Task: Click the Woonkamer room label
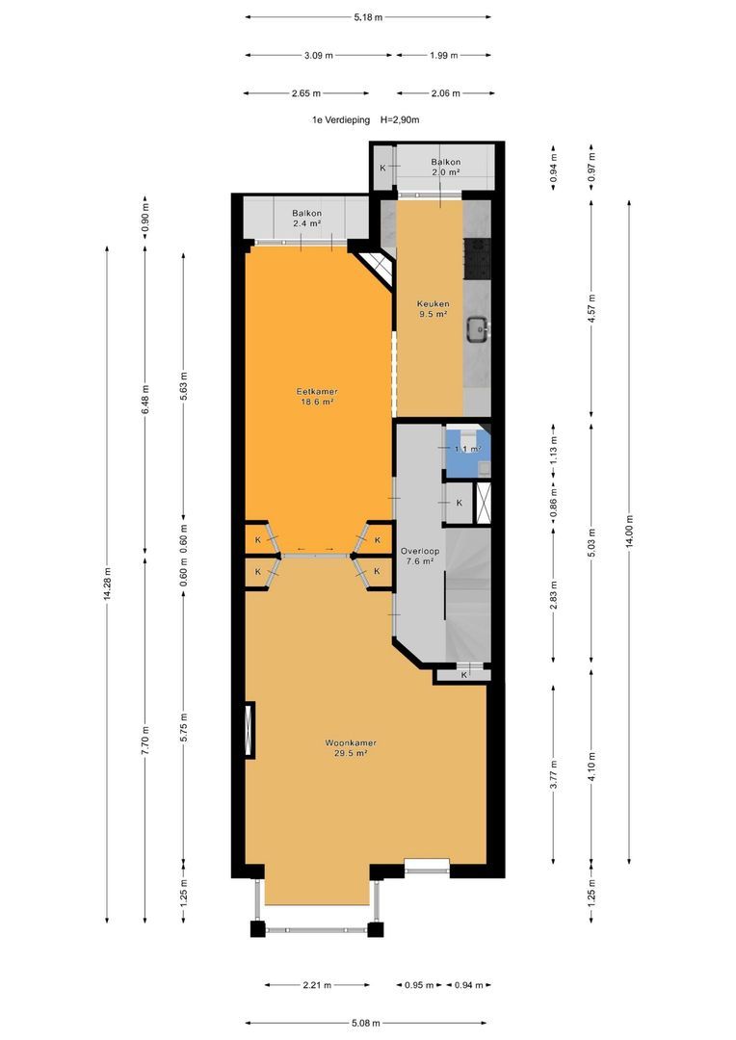351,748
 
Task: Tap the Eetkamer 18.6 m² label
317,397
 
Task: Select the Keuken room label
433,309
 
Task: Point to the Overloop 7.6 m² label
419,556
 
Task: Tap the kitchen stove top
477,259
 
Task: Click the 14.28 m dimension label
107,585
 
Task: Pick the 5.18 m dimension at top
368,17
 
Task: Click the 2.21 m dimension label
317,985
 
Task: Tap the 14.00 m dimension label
630,531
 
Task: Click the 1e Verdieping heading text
341,120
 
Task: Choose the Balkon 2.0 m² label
445,167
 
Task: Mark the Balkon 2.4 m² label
306,219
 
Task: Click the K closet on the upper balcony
383,168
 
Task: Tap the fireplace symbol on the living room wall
250,730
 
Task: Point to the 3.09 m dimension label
319,56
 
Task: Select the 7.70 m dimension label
145,740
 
